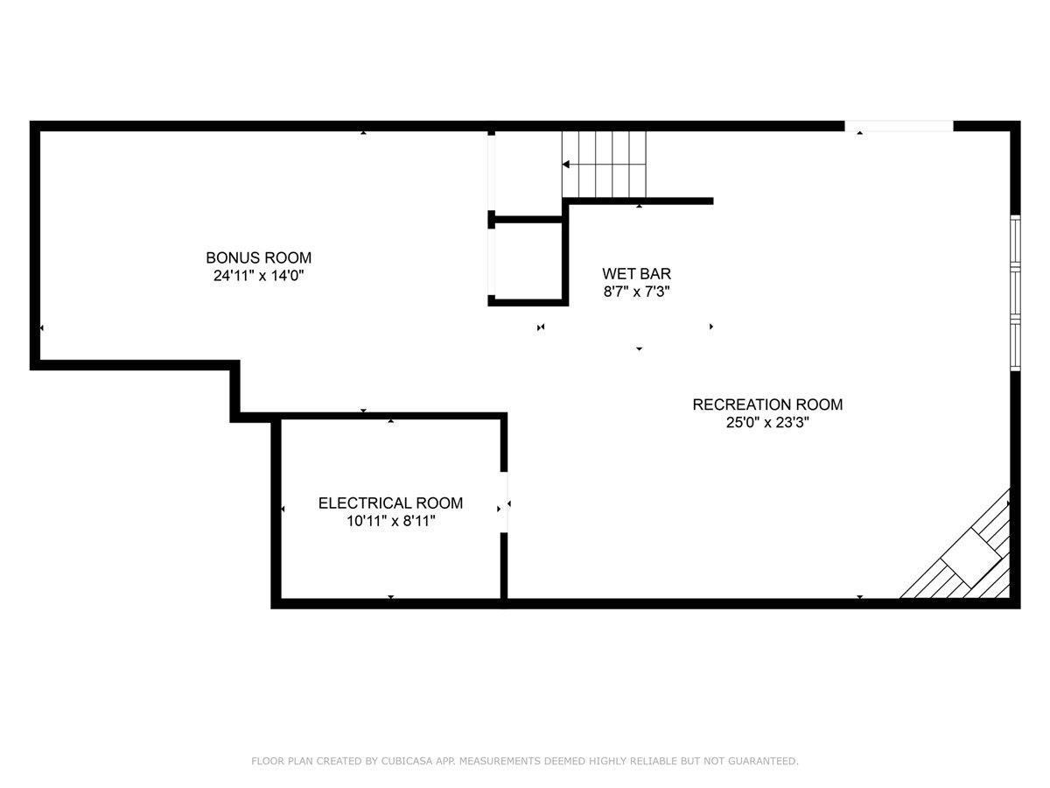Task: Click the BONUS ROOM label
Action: pos(258,257)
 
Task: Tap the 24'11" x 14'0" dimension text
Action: pos(258,276)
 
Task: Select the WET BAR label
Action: pos(636,274)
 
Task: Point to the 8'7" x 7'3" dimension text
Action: pos(636,292)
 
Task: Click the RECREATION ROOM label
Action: pos(767,405)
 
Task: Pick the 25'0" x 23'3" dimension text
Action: pos(767,423)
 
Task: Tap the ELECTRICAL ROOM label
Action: pos(390,503)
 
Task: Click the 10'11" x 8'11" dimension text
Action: pos(390,522)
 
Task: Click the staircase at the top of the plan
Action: pos(604,164)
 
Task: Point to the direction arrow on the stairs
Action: pos(567,164)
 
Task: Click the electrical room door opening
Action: pos(504,503)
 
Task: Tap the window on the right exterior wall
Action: pos(1015,293)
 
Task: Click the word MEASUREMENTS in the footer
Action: pos(499,762)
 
